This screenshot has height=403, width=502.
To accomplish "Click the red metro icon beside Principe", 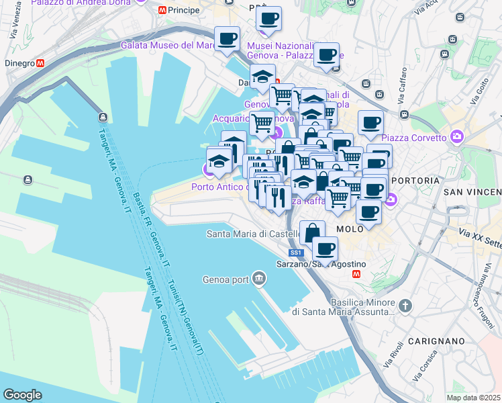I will coord(161,10).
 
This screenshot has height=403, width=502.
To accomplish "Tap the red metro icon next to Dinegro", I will coord(41,63).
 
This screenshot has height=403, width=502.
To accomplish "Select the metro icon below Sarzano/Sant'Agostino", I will coord(357,274).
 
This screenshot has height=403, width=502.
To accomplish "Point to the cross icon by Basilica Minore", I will coord(405,306).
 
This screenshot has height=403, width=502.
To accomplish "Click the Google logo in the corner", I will coord(22,395).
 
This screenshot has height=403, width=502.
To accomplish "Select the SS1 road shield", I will coord(296,253).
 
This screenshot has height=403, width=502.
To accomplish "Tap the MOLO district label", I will coord(349,228).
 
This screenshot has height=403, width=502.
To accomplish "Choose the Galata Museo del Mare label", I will coord(166,45).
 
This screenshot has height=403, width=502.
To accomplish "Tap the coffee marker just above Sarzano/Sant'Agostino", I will coord(325,249).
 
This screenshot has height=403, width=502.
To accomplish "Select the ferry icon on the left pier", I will coord(28,180).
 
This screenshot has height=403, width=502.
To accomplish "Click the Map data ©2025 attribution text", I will coord(474,398).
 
